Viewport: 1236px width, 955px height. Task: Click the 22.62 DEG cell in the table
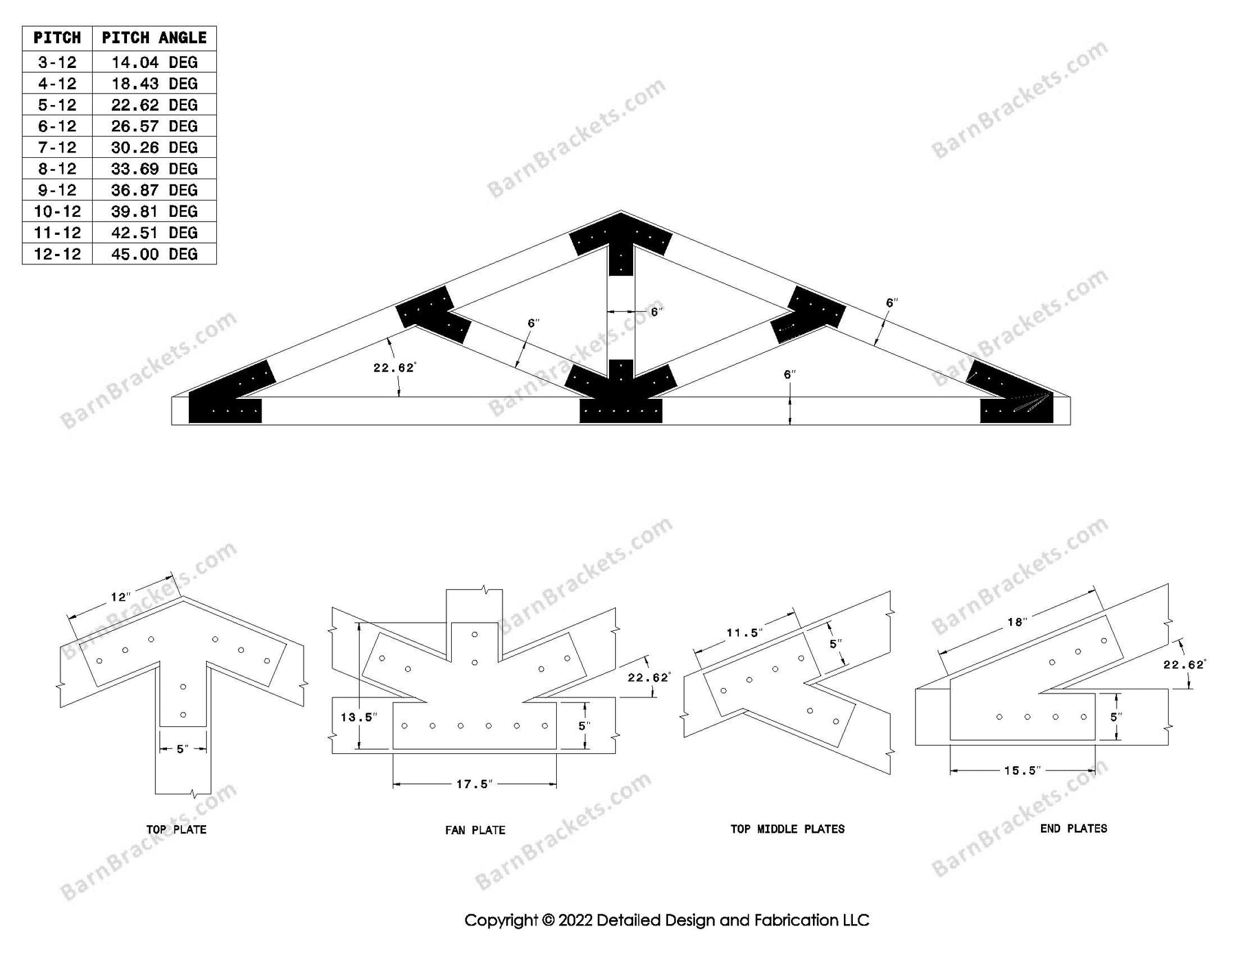tap(154, 105)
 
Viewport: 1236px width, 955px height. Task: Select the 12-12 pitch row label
tap(57, 254)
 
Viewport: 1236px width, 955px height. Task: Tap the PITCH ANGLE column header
tap(154, 38)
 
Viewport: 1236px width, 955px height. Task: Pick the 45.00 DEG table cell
tap(154, 254)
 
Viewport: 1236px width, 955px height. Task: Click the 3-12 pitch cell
tap(57, 62)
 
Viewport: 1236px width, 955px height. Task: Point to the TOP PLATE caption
tap(176, 829)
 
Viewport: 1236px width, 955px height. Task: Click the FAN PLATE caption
tap(474, 830)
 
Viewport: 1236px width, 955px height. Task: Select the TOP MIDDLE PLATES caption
tap(787, 829)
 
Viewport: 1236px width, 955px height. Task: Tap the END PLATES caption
tap(1073, 829)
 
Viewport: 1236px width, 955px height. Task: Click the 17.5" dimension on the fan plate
tap(474, 784)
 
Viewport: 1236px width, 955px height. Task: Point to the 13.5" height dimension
tap(358, 717)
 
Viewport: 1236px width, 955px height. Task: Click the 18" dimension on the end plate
tap(1016, 622)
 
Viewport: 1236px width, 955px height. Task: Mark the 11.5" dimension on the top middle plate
tap(744, 633)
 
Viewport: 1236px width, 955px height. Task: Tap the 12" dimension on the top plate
tap(120, 597)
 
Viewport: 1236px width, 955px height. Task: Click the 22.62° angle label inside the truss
tap(394, 368)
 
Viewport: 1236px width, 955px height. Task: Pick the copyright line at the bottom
tap(667, 920)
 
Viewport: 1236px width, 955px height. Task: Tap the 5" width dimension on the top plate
tap(182, 749)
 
